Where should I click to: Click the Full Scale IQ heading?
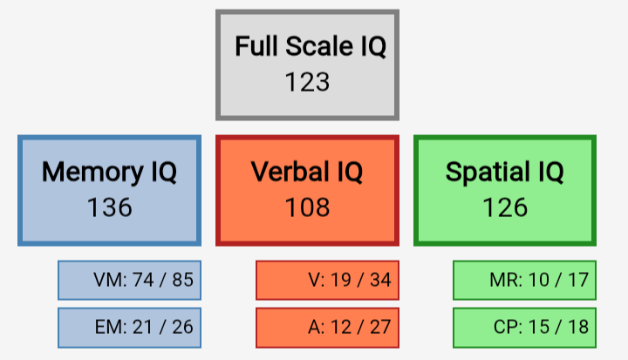[311, 46]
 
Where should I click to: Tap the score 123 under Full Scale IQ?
[307, 82]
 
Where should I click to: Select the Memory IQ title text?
[109, 172]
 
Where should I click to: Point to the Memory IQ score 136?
[109, 207]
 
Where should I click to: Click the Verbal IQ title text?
[307, 172]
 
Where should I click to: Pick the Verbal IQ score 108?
[307, 207]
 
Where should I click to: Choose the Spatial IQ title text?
[505, 172]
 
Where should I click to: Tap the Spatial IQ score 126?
[505, 207]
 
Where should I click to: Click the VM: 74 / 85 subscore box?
[129, 281]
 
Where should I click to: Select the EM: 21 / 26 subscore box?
[129, 328]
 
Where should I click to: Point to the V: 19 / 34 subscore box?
[327, 281]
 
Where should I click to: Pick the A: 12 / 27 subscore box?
[327, 328]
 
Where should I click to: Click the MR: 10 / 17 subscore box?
[525, 281]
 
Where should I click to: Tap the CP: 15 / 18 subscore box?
[525, 328]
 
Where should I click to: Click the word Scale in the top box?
[319, 46]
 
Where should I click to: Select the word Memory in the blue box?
[92, 173]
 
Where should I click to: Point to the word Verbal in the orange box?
[290, 172]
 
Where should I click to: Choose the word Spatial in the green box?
[488, 173]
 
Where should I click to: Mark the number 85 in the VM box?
[182, 280]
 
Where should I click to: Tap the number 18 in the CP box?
[578, 327]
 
